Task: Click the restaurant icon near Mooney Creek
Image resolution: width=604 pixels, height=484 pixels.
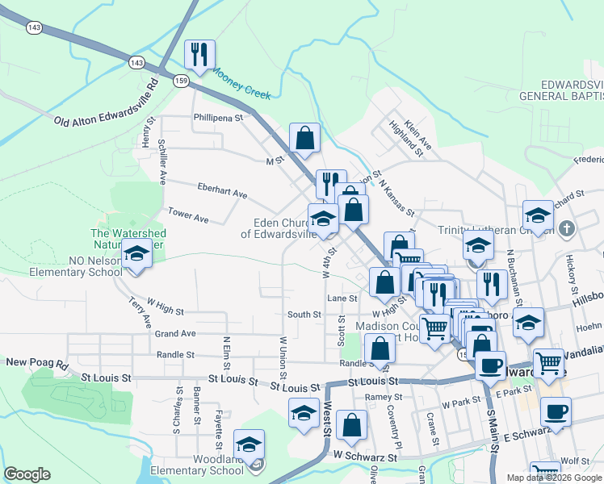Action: click(197, 55)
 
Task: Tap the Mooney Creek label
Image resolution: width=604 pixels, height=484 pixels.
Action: click(241, 83)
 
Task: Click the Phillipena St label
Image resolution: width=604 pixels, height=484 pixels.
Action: click(218, 118)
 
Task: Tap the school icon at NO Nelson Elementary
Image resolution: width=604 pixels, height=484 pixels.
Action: click(136, 256)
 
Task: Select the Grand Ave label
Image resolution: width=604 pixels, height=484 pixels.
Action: click(176, 333)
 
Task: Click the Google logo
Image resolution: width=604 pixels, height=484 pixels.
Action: click(27, 474)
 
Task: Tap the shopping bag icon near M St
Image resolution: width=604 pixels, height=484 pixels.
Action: click(305, 138)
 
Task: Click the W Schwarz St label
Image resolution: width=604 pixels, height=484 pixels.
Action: click(367, 457)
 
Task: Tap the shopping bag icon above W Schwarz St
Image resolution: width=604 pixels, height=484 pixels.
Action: click(352, 426)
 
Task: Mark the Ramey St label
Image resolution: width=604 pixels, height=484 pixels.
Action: click(378, 397)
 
